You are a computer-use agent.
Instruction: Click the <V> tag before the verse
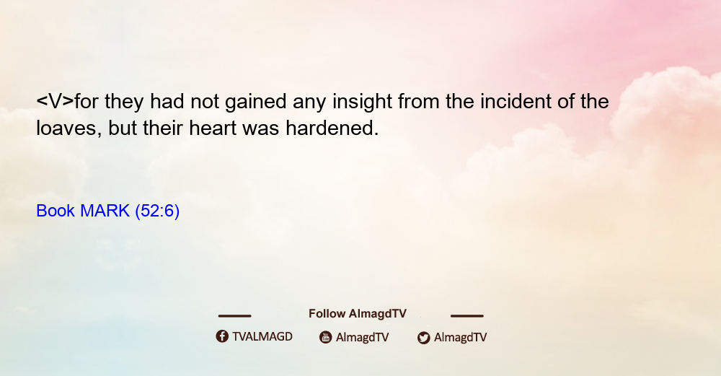tap(56, 101)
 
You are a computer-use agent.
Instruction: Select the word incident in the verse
tap(516, 101)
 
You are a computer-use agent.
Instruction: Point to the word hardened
tap(332, 128)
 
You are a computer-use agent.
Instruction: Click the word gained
tap(256, 102)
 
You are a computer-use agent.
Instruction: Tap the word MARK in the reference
tap(105, 211)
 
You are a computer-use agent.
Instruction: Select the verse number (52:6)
tap(157, 211)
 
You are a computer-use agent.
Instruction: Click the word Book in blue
tap(56, 211)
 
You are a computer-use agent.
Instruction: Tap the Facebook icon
tap(222, 336)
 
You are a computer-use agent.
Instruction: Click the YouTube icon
tap(326, 337)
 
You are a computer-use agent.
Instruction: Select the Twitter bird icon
tap(424, 338)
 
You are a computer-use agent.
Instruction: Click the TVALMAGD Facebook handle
tap(262, 336)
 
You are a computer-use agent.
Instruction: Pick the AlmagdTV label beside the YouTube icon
tap(363, 337)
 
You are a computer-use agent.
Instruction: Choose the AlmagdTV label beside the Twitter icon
tap(460, 337)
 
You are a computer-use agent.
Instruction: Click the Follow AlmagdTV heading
tap(358, 314)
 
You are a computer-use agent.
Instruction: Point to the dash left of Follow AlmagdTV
tap(234, 316)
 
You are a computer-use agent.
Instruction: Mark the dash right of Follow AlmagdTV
tap(467, 316)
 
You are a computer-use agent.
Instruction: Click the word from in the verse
tap(418, 101)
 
